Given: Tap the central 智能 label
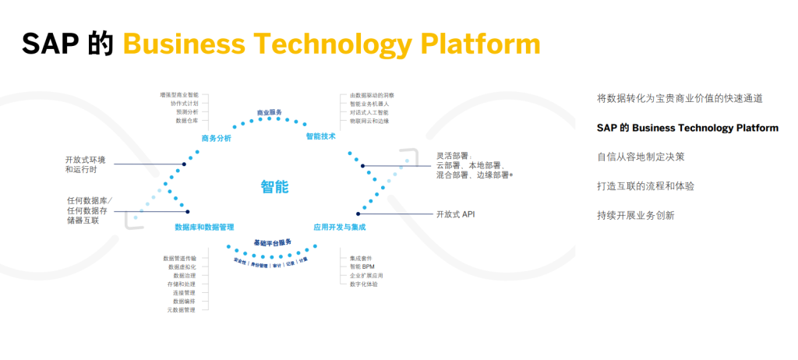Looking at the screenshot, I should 274,186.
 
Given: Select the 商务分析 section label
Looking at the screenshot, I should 216,138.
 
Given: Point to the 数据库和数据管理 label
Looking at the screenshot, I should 204,228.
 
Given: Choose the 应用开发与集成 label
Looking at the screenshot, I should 339,228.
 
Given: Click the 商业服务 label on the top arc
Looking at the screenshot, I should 270,113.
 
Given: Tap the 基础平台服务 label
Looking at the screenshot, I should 272,243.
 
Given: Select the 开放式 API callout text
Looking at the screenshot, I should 455,214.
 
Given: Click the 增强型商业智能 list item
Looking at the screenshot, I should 178,95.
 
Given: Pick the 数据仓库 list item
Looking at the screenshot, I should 187,121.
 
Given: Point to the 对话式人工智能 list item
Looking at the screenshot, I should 369,112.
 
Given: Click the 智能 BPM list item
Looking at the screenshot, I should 361,266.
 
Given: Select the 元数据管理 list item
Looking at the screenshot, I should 182,309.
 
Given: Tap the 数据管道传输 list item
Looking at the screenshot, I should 180,258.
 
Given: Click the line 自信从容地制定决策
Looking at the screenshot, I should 641,157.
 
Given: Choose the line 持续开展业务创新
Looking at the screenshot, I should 635,215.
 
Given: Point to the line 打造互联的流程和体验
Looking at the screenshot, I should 645,186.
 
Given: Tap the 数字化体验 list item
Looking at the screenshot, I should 364,284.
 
